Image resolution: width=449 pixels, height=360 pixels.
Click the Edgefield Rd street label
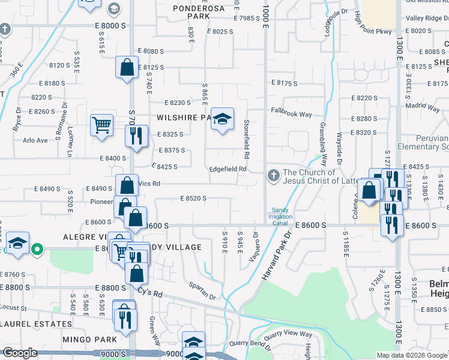(228, 169)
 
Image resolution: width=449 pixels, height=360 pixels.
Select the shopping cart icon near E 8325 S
(101, 125)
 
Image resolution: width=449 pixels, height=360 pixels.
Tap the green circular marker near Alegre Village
(37, 247)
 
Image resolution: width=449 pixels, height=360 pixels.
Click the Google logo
(20, 353)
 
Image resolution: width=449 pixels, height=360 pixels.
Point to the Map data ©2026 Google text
(412, 355)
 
